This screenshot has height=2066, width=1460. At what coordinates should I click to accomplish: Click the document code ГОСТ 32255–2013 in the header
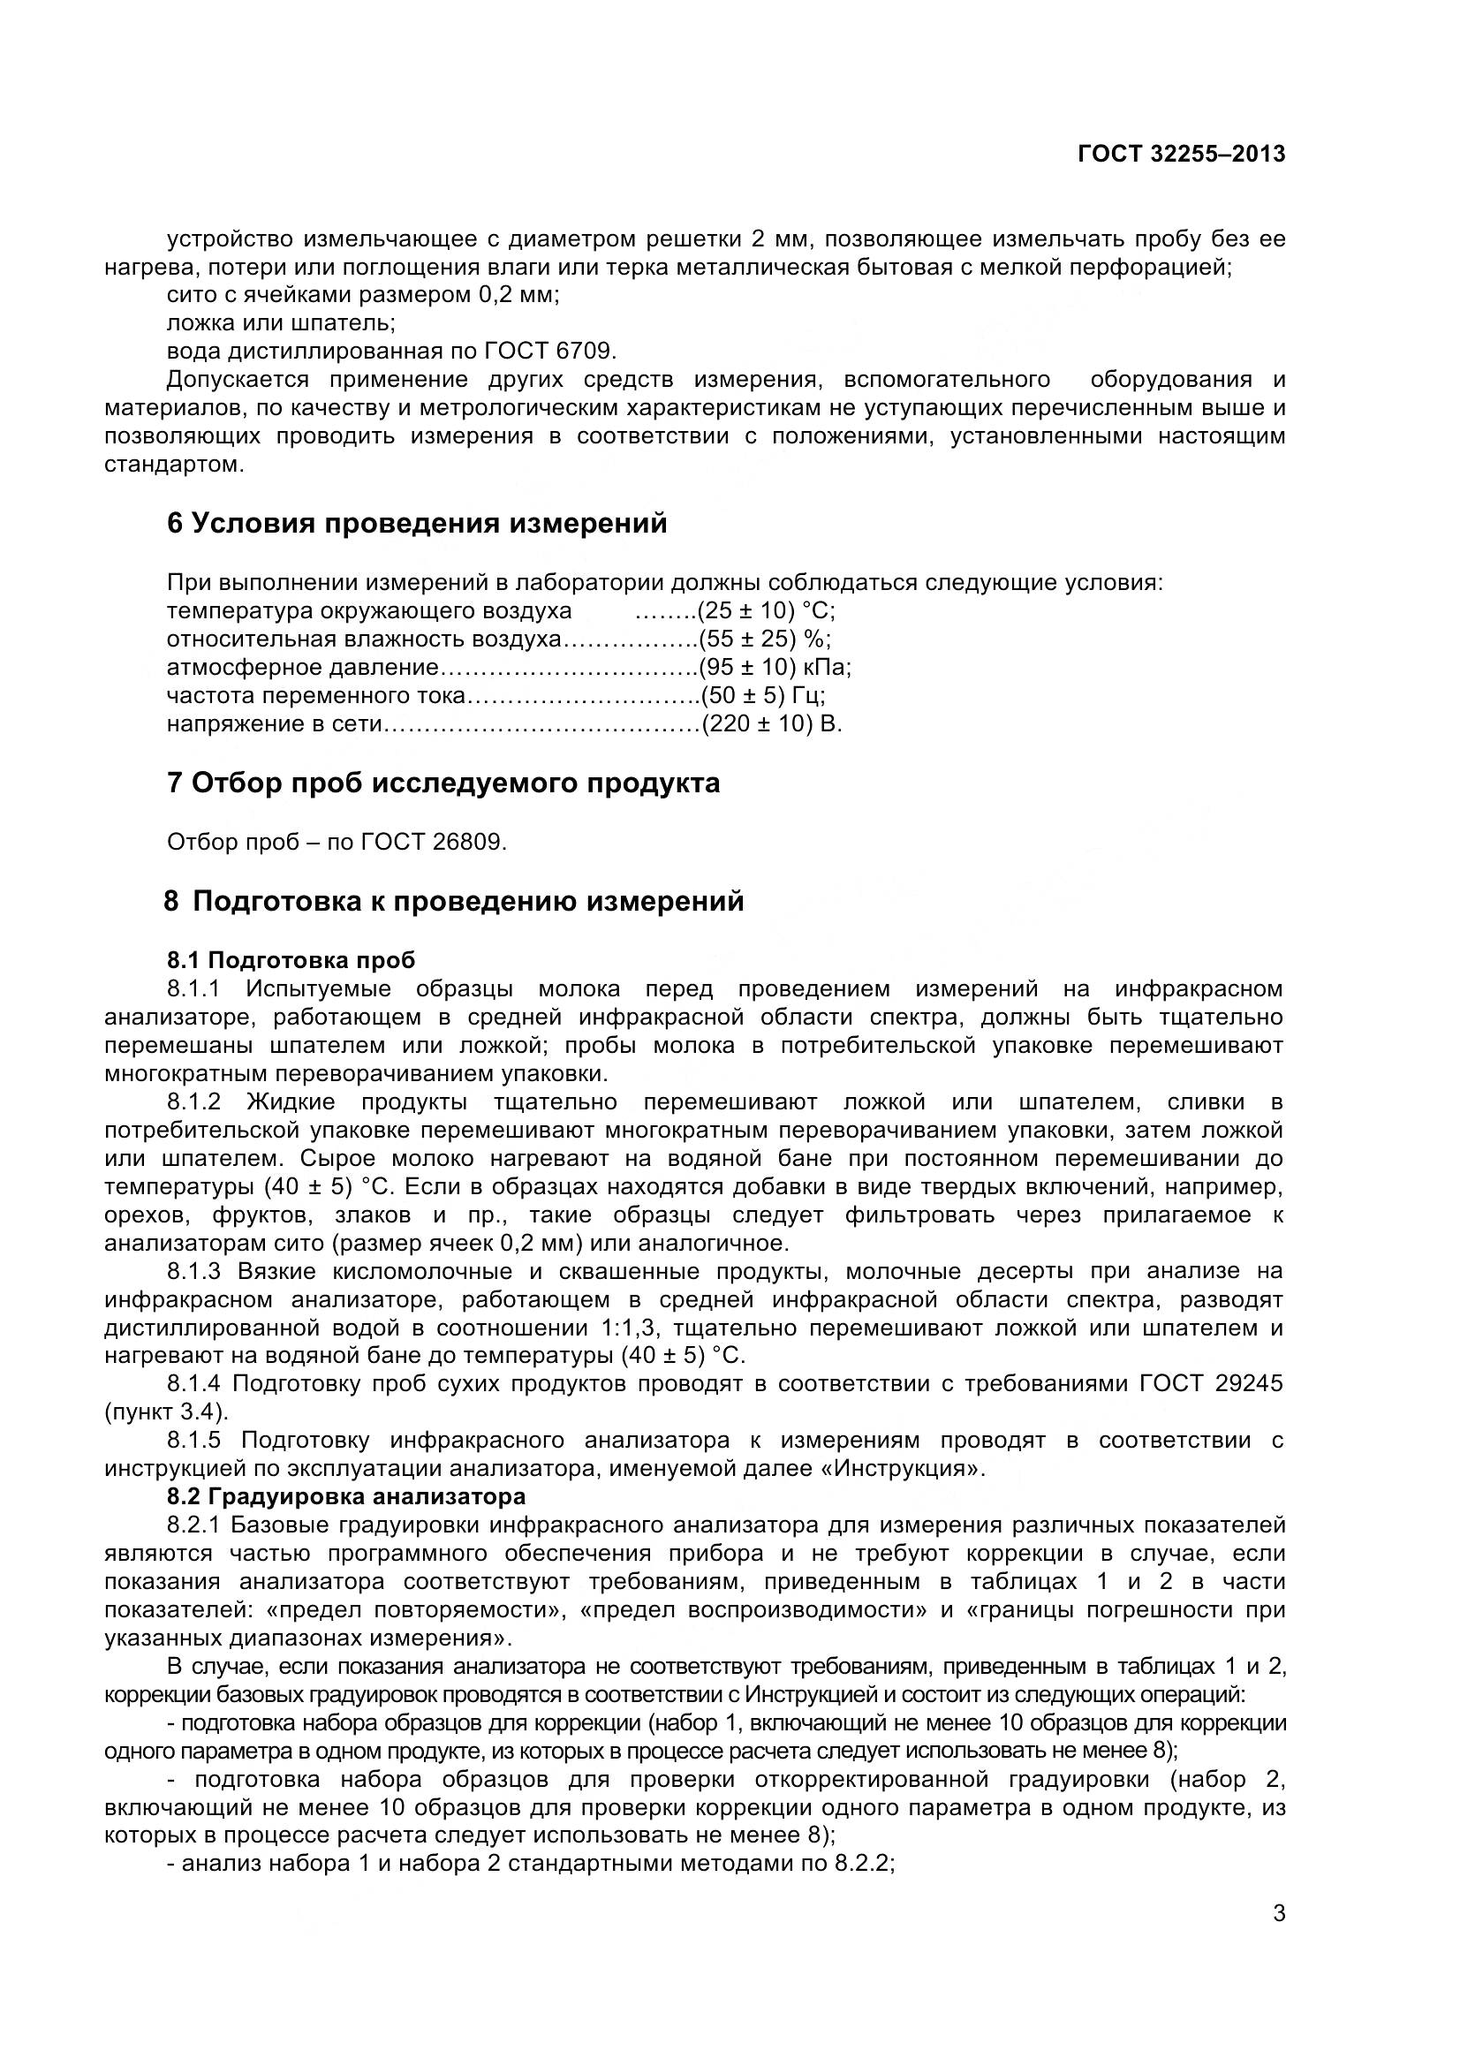click(x=1181, y=154)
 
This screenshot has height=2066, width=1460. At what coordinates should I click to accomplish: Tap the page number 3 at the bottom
click(x=1279, y=1937)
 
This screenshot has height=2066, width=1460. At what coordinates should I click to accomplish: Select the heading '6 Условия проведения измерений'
click(x=417, y=523)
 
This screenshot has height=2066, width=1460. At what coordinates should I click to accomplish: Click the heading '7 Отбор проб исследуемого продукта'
click(x=443, y=783)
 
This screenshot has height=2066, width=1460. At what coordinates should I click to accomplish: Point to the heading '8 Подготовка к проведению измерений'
click(x=454, y=901)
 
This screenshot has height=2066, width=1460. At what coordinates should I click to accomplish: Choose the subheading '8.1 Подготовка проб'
click(x=291, y=960)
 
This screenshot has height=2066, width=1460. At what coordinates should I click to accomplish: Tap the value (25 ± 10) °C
click(x=767, y=611)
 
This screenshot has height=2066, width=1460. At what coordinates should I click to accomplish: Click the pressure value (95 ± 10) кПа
click(x=775, y=668)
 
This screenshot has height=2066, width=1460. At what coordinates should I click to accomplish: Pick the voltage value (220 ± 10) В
click(x=771, y=724)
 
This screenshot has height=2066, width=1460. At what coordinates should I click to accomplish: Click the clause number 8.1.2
click(x=193, y=1102)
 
